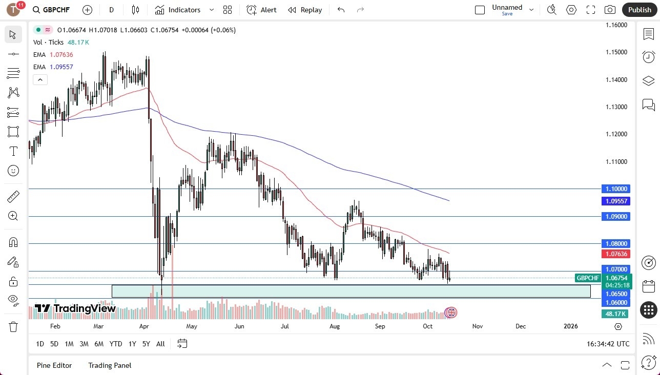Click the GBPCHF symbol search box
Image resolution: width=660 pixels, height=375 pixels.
coord(56,10)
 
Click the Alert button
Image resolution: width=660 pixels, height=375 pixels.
coord(261,10)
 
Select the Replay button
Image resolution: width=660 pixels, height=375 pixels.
coord(305,10)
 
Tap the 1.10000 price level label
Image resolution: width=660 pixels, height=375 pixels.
coord(616,189)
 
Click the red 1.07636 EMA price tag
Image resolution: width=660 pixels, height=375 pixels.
coord(616,254)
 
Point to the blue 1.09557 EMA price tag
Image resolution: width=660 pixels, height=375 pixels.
coord(616,201)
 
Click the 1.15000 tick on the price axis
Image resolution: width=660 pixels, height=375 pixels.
coord(616,52)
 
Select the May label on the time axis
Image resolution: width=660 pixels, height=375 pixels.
coord(192,326)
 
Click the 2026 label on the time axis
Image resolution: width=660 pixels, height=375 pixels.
coord(570,326)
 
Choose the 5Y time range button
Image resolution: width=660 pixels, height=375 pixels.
coord(146,344)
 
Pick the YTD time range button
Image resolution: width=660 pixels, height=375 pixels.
coord(116,344)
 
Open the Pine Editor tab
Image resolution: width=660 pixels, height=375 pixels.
coord(54,365)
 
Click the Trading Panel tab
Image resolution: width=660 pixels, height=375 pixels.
coord(110,365)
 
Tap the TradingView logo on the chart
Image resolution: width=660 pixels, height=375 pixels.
coord(75,308)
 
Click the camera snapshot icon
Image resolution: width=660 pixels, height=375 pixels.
coord(610,10)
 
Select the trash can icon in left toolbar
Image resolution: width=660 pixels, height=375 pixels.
coord(13,326)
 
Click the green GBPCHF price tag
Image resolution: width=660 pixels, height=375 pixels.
coord(588,278)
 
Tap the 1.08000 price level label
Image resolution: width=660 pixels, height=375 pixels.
coord(616,244)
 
